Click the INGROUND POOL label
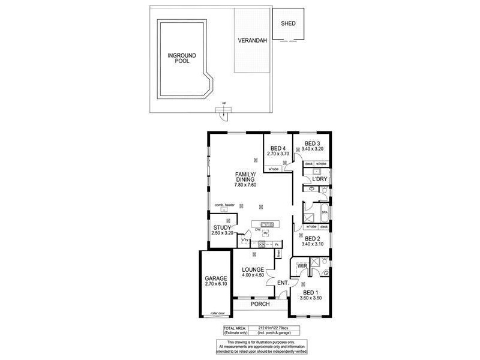point(178,58)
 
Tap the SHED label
point(289,25)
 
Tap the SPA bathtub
point(324,212)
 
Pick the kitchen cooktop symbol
point(262,244)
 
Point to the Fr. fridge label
point(277,245)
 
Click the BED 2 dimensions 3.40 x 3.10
point(314,244)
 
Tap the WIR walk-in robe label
point(302,265)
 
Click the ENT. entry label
point(283,282)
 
